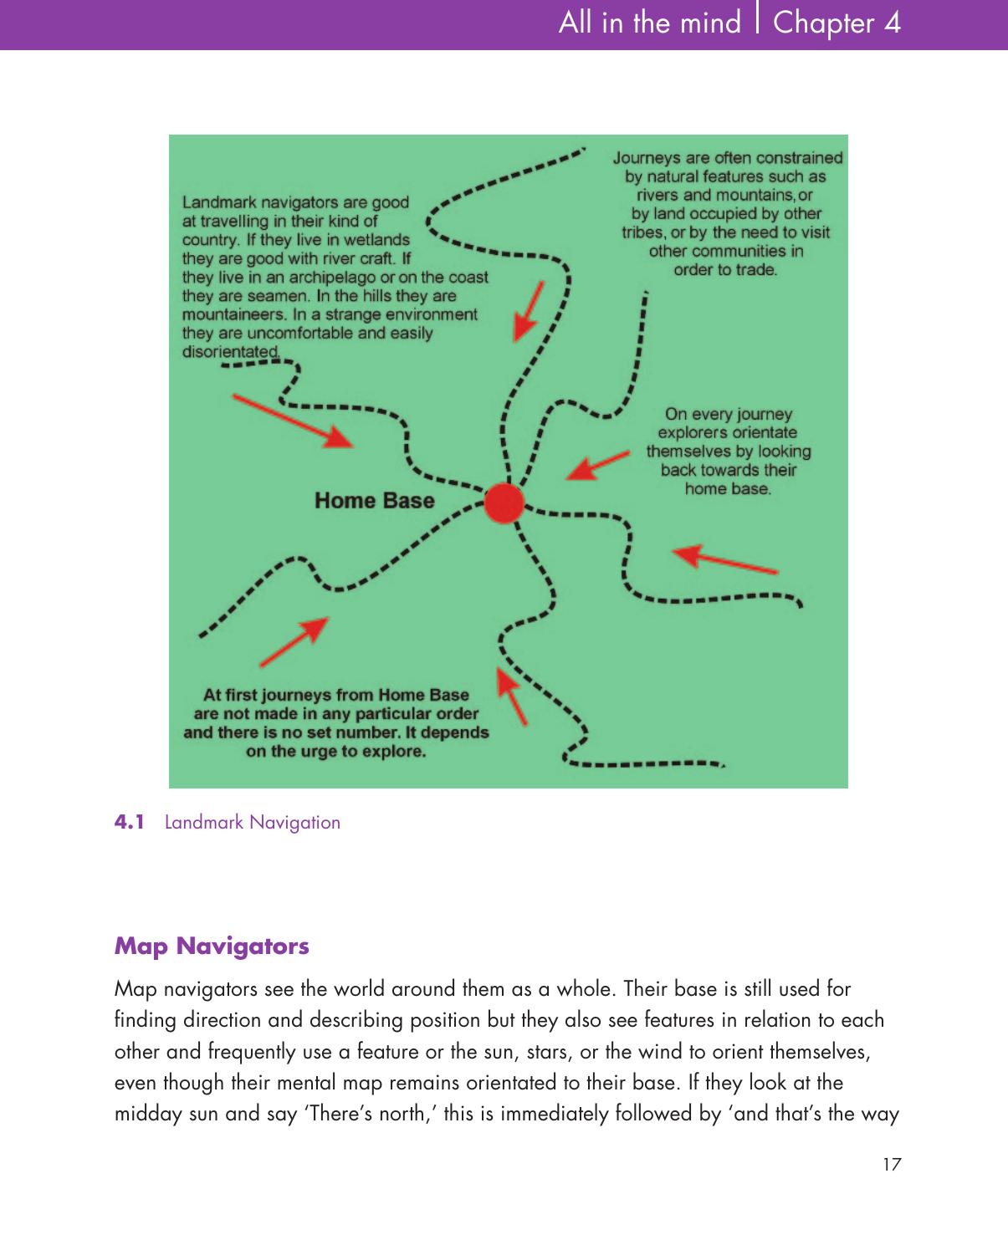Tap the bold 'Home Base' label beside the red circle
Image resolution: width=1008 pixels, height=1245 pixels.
374,501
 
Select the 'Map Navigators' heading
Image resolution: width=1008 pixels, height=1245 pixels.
212,947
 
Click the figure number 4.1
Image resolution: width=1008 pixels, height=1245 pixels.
130,823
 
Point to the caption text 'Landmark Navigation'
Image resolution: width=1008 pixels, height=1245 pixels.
253,823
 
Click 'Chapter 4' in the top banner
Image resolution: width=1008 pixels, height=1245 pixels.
837,23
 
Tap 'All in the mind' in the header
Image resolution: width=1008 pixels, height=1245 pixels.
649,23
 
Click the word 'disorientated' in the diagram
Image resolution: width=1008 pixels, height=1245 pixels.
231,352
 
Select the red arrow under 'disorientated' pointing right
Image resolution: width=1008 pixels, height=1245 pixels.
292,420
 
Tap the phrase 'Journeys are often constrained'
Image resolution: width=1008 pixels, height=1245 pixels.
728,157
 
